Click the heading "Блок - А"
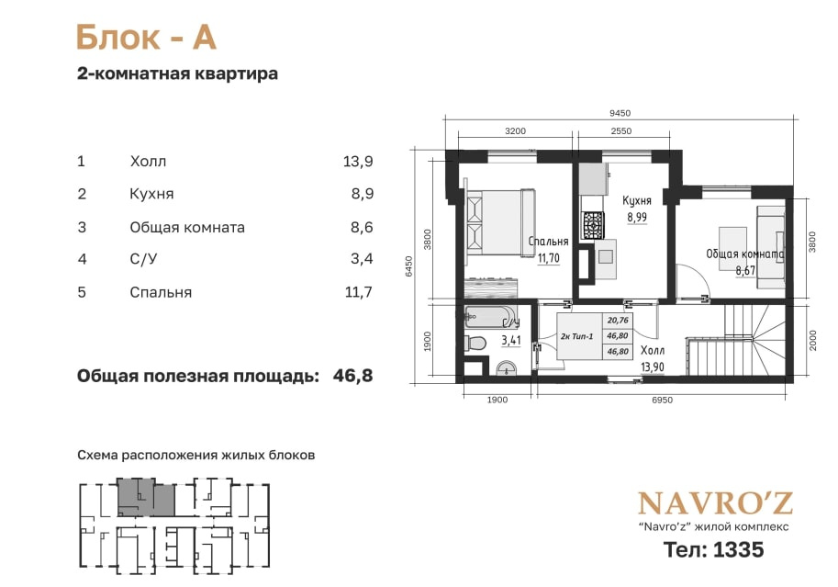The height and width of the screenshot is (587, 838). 146,38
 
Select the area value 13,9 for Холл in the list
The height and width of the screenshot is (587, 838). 358,161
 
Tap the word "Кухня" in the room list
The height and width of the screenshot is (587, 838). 151,194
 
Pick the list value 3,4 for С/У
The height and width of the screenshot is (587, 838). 362,259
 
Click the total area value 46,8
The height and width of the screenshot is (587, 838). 352,376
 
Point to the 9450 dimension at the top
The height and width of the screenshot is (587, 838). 620,113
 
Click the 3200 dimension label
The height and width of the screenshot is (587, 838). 515,131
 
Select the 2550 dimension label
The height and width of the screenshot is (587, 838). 621,131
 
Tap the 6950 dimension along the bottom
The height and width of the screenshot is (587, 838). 662,400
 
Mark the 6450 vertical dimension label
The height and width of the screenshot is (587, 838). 409,266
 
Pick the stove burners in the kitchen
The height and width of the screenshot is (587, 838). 593,225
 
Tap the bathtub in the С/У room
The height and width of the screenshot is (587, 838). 489,316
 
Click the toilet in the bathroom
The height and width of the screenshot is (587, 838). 475,343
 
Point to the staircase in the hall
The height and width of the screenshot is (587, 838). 736,343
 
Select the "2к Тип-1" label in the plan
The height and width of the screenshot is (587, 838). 577,336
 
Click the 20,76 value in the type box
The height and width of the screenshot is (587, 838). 618,321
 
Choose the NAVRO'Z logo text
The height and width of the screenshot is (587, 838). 715,503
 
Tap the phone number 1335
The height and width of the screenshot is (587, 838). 739,550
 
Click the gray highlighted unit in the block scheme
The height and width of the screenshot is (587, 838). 147,500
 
